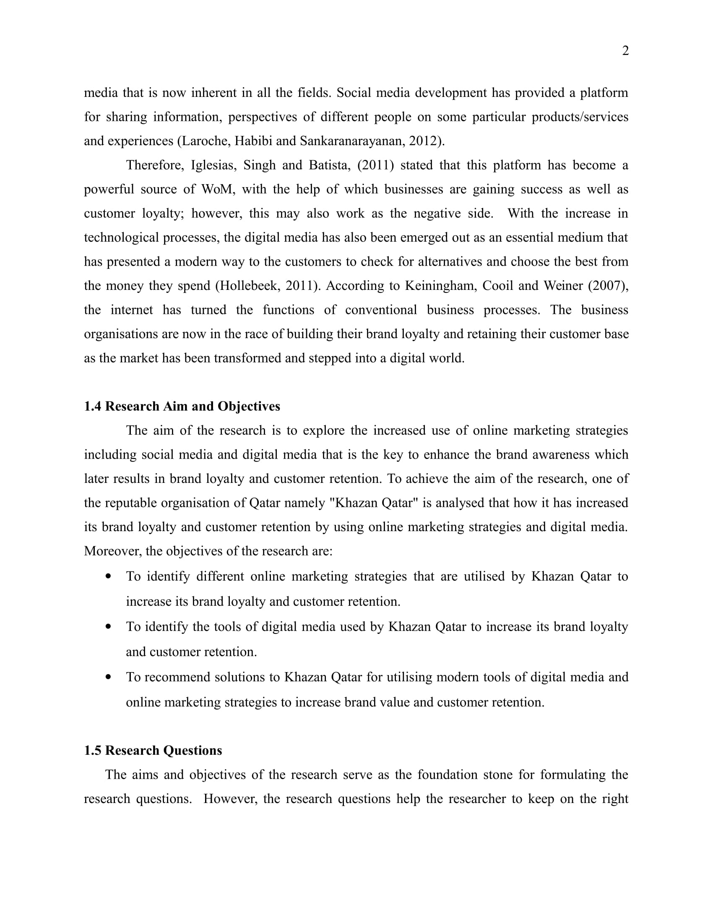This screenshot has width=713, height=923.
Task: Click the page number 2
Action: click(625, 51)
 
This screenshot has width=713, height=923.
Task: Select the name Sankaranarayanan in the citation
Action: click(353, 141)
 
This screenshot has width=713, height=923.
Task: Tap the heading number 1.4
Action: click(93, 406)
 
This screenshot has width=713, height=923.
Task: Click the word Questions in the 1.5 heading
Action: click(192, 750)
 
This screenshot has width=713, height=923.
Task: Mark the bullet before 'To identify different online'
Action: click(109, 576)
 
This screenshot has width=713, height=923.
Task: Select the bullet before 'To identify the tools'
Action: click(109, 626)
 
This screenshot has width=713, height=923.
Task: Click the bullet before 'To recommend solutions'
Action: click(109, 677)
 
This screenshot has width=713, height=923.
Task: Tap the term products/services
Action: click(580, 117)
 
